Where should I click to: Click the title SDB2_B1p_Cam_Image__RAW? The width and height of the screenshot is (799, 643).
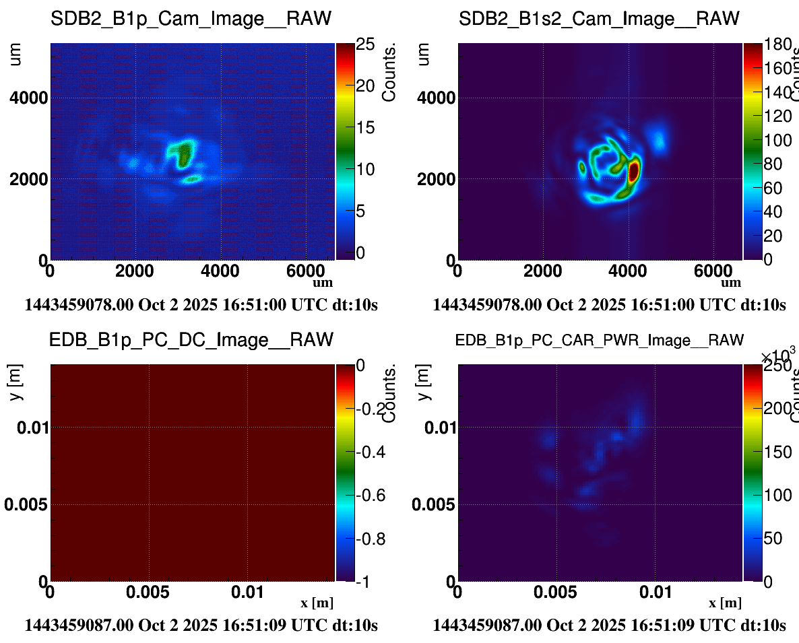pyautogui.click(x=191, y=20)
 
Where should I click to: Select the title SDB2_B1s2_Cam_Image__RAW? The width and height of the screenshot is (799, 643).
pyautogui.click(x=599, y=20)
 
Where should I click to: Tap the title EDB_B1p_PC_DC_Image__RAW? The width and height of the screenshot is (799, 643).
pyautogui.click(x=191, y=340)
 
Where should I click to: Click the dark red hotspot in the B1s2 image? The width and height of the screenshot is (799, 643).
pyautogui.click(x=633, y=172)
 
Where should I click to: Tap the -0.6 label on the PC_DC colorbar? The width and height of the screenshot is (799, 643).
pyautogui.click(x=370, y=496)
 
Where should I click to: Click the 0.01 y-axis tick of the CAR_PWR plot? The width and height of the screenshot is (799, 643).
pyautogui.click(x=435, y=427)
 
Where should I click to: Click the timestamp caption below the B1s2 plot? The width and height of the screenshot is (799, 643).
pyautogui.click(x=609, y=305)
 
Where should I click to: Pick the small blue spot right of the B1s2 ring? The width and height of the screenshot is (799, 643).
pyautogui.click(x=658, y=140)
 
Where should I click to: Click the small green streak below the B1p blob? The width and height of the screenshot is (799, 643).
pyautogui.click(x=192, y=179)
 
